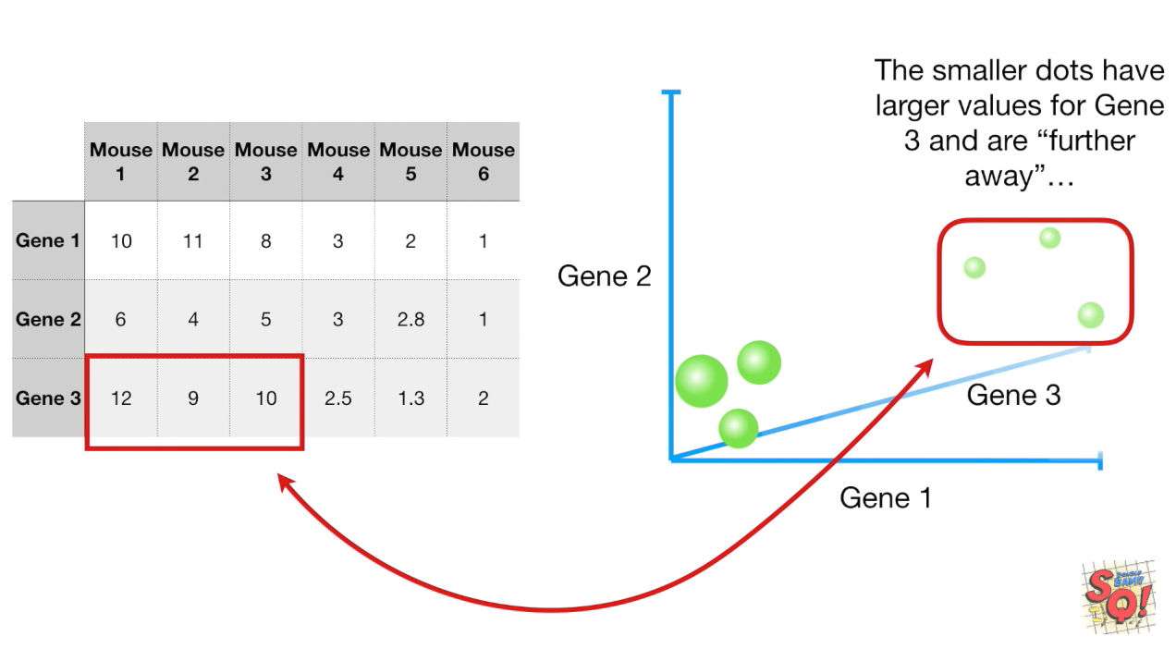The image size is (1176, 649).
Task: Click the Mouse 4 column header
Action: pyautogui.click(x=338, y=161)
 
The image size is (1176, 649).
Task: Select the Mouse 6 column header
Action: pyautogui.click(x=484, y=161)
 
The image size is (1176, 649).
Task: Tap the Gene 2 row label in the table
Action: pyautogui.click(x=48, y=320)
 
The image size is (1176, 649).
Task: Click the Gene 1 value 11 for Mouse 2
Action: pyautogui.click(x=193, y=241)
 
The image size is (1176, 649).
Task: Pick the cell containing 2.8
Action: pyautogui.click(x=410, y=320)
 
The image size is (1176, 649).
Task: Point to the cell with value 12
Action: pyautogui.click(x=121, y=398)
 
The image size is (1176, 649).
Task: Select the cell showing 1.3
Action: pyautogui.click(x=410, y=398)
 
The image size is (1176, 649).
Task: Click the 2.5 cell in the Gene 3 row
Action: pyautogui.click(x=338, y=398)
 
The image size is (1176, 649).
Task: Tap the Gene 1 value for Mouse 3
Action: pyautogui.click(x=266, y=241)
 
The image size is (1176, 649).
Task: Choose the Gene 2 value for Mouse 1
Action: pyautogui.click(x=121, y=320)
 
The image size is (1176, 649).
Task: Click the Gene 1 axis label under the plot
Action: pyautogui.click(x=885, y=497)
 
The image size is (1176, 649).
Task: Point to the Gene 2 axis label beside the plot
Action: pyautogui.click(x=605, y=276)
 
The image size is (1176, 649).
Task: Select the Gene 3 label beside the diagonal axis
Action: pyautogui.click(x=1013, y=396)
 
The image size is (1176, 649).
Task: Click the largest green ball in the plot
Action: pyautogui.click(x=702, y=381)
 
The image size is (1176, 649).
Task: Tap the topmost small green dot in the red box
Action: pyautogui.click(x=1049, y=238)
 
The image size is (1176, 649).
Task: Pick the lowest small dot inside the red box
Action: pyautogui.click(x=1091, y=315)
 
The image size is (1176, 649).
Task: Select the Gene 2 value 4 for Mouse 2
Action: pyautogui.click(x=193, y=320)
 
